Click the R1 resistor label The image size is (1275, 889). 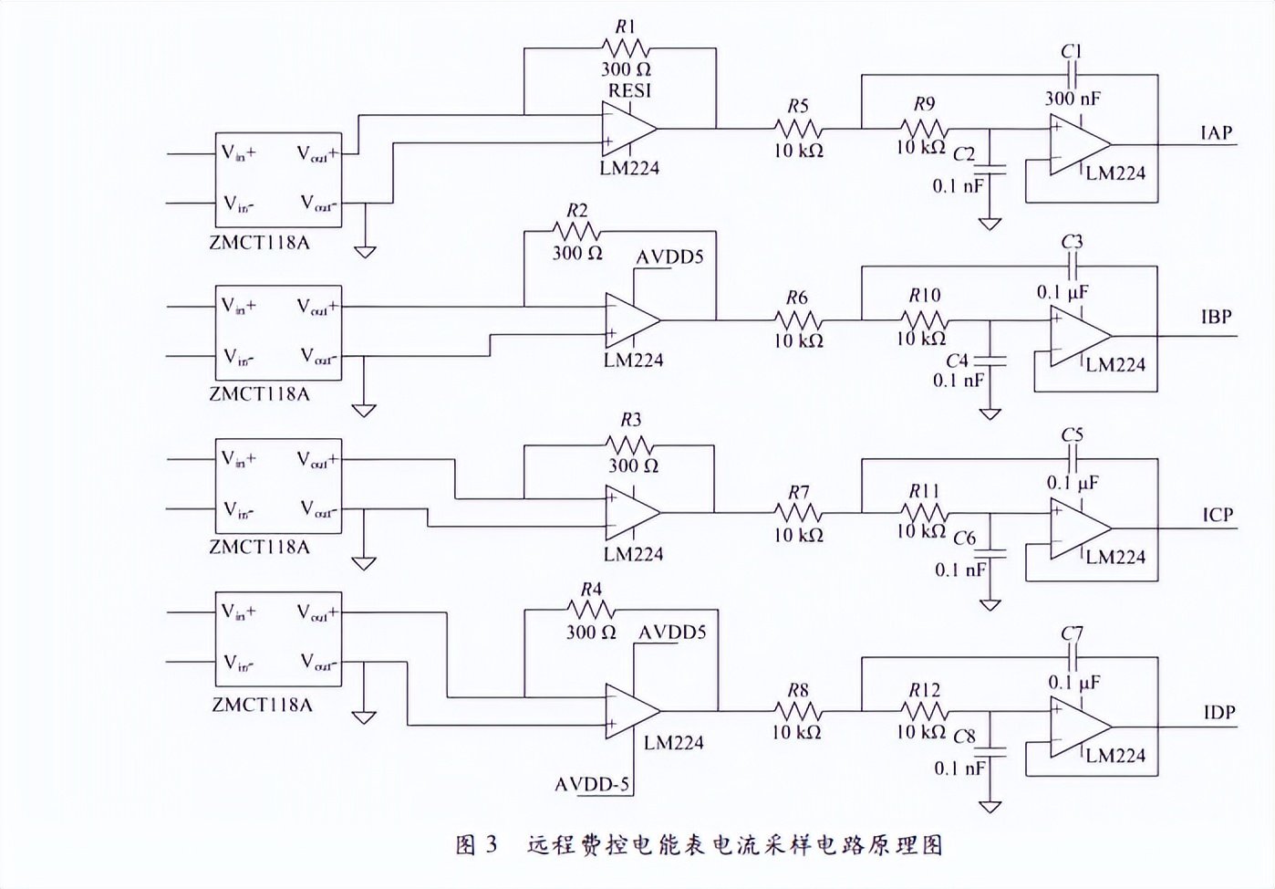point(625,26)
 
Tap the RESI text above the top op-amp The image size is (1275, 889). point(629,90)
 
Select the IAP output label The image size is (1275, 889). point(1216,132)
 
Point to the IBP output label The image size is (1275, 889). point(1216,317)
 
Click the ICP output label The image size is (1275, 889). point(1217,515)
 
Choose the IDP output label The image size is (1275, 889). point(1218,712)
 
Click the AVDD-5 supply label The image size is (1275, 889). point(592,784)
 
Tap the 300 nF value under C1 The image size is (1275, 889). point(1073,98)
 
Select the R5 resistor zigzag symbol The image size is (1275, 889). point(799,129)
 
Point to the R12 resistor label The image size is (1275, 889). point(924,690)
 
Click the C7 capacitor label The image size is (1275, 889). point(1072,633)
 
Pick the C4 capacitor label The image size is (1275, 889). point(957,361)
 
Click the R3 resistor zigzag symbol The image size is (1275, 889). point(629,445)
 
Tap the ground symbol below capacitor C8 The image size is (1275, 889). point(990,806)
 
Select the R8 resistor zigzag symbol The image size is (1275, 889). point(798,711)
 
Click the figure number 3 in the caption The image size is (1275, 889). point(492,844)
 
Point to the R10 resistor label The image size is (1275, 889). point(924,295)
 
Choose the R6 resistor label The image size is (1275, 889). point(797,298)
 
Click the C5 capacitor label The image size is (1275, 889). point(1072,434)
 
